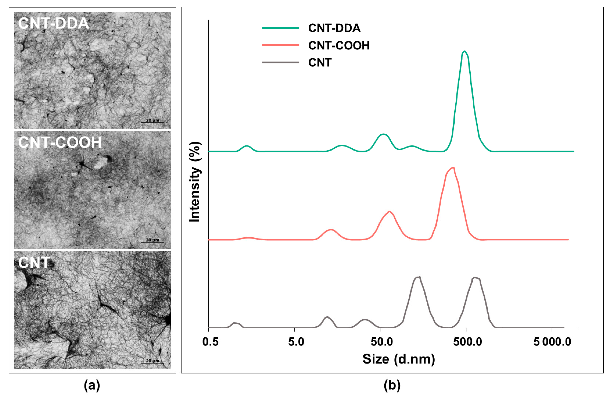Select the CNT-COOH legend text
coord(339,45)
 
